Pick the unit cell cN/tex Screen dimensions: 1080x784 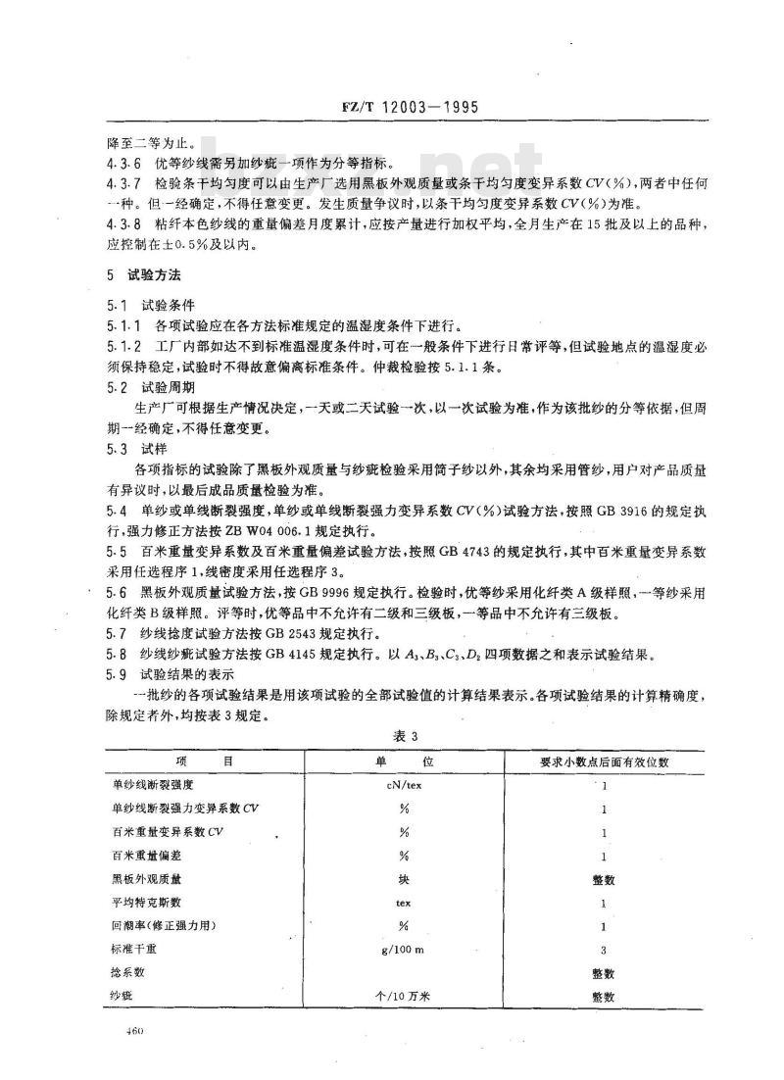click(x=399, y=785)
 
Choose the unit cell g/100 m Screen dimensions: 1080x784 click(x=399, y=950)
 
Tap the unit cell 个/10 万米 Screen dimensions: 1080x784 click(x=399, y=997)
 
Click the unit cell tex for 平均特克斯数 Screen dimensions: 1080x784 click(x=399, y=903)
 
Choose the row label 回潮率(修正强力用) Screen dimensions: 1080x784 click(x=163, y=926)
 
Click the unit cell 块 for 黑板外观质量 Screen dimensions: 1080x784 click(x=399, y=879)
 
